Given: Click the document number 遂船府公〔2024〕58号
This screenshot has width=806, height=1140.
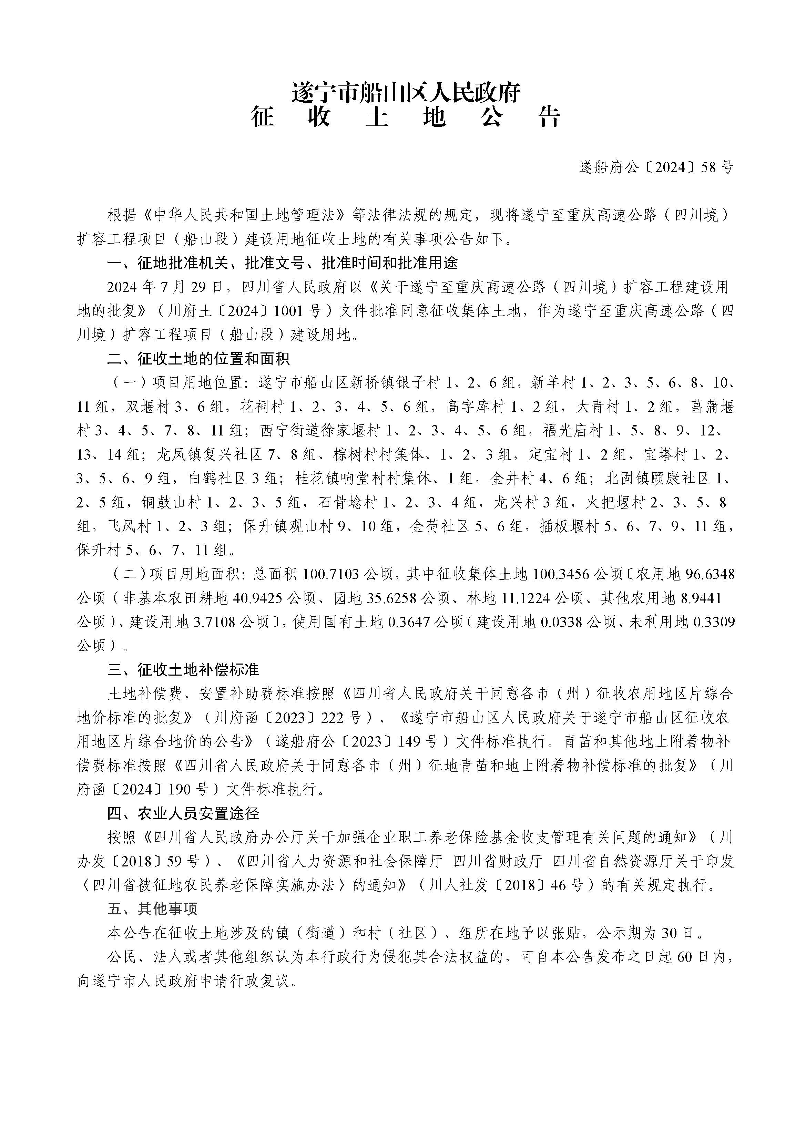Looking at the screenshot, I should pyautogui.click(x=655, y=168).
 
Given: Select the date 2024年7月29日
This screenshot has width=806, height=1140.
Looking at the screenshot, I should pyautogui.click(x=166, y=287).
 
